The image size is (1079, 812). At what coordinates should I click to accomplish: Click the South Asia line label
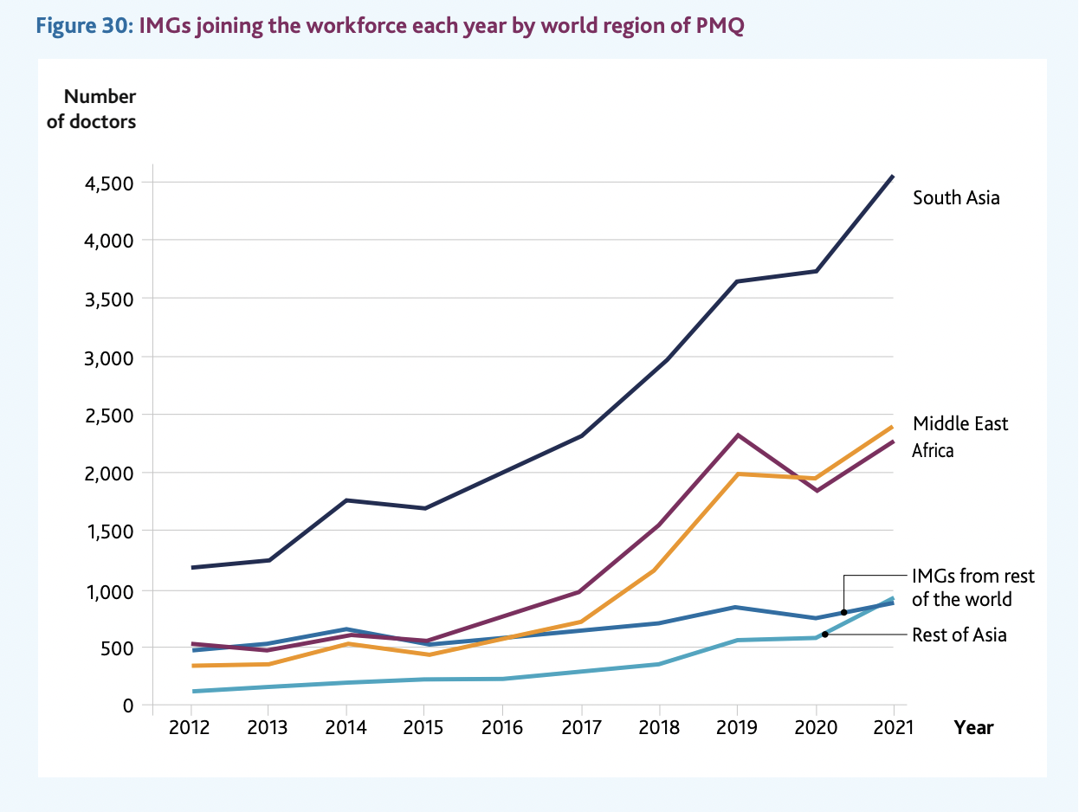click(x=956, y=198)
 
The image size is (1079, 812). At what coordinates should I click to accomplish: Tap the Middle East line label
click(x=960, y=423)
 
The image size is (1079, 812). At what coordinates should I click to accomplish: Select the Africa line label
click(x=933, y=451)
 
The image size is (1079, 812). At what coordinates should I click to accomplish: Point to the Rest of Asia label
click(x=959, y=635)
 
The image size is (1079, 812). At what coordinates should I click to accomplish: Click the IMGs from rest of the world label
click(x=972, y=588)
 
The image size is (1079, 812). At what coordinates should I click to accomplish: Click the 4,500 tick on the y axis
click(x=111, y=184)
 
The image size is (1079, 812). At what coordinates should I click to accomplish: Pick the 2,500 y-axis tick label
click(x=111, y=416)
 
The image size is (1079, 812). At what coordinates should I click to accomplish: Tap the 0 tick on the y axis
click(x=127, y=706)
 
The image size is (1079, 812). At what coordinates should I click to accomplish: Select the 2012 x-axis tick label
click(x=190, y=727)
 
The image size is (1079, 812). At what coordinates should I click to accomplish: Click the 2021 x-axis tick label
click(x=893, y=727)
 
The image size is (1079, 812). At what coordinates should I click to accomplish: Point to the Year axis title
click(x=973, y=727)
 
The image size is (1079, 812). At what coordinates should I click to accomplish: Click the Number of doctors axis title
click(x=92, y=109)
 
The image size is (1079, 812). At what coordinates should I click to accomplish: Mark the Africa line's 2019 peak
click(x=737, y=435)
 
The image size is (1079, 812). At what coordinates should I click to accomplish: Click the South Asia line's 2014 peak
click(x=346, y=500)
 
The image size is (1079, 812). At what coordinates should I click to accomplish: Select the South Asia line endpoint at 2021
click(x=893, y=176)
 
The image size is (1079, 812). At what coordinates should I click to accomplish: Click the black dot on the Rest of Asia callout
click(x=824, y=635)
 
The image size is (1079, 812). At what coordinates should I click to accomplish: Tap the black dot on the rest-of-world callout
click(x=843, y=613)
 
